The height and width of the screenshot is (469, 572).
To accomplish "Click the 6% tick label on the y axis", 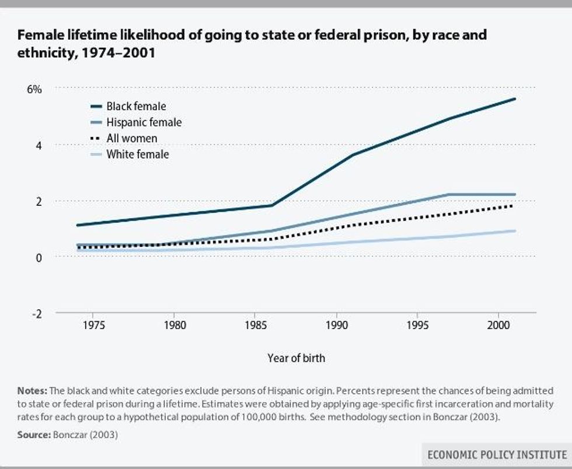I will click(x=34, y=89).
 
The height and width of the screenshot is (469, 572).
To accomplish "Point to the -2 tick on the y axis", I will click(x=36, y=313).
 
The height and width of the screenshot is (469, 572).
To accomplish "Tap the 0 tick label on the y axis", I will click(x=39, y=257).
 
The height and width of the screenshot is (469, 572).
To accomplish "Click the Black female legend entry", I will click(x=136, y=106).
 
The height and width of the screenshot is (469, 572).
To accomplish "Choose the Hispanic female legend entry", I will click(x=144, y=123).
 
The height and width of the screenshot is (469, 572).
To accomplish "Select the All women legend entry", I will click(x=131, y=138).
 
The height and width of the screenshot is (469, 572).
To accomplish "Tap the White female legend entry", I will click(x=137, y=155).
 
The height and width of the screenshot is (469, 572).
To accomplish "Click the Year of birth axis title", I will click(x=296, y=358).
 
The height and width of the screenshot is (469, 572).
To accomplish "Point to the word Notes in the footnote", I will click(x=32, y=390).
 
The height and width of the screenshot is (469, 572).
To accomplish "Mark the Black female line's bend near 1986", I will click(x=272, y=205).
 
